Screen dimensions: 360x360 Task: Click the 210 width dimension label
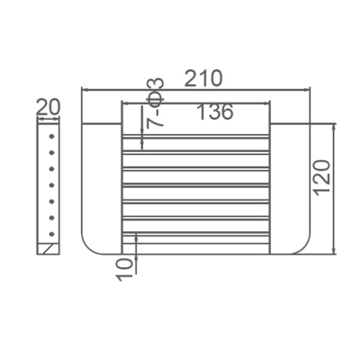pos(203,78)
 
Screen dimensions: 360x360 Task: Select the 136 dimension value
pos(215,112)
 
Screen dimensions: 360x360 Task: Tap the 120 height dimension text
pos(322,177)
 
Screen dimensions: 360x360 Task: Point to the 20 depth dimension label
pos(48,107)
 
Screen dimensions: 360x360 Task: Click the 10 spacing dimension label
pos(124,270)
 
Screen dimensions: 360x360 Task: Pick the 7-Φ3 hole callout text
pos(155,103)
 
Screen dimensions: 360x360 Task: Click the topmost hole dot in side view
pos(51,136)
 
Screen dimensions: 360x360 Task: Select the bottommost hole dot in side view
pos(51,234)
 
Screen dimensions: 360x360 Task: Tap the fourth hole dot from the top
pos(51,185)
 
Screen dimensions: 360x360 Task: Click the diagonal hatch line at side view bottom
pos(48,249)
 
